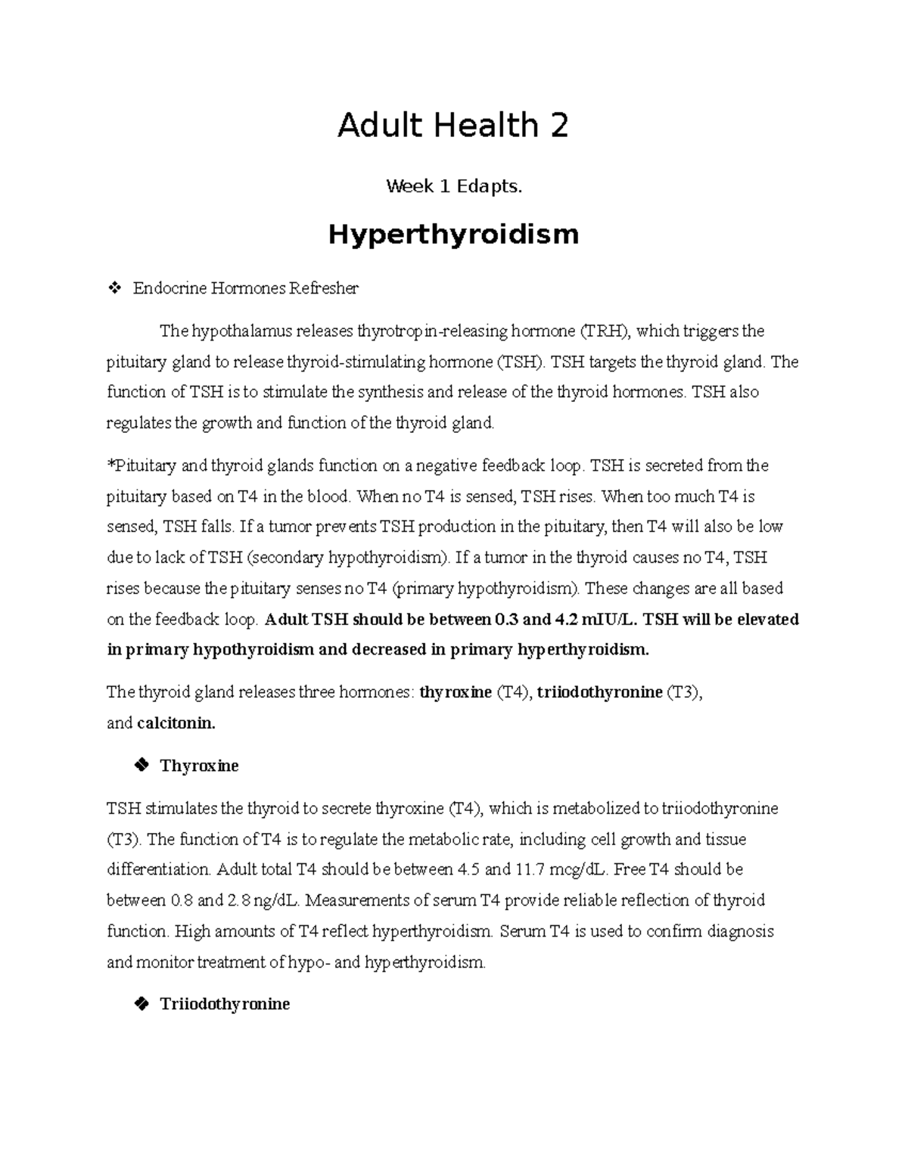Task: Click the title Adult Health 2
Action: coord(452,126)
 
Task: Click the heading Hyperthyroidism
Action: coord(453,235)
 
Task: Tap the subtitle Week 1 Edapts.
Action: coord(454,186)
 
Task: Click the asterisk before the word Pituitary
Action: coord(110,465)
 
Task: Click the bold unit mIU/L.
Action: coord(606,620)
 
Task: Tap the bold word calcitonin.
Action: coord(176,723)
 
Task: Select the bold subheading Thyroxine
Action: coord(199,766)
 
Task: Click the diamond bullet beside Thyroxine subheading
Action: coord(140,766)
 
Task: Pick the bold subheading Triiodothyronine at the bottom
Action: coord(225,1004)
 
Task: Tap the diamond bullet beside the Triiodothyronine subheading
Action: coord(140,1004)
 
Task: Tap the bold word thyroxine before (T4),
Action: coord(456,692)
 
